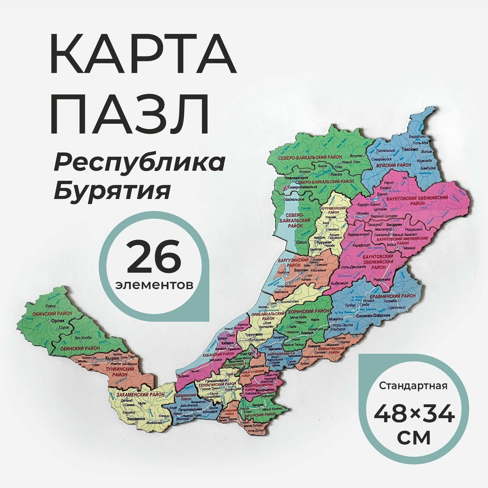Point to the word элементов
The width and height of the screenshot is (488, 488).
tap(155, 285)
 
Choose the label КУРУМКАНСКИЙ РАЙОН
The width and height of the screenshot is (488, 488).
tap(333, 210)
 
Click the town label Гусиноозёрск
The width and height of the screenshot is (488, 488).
tap(215, 380)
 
